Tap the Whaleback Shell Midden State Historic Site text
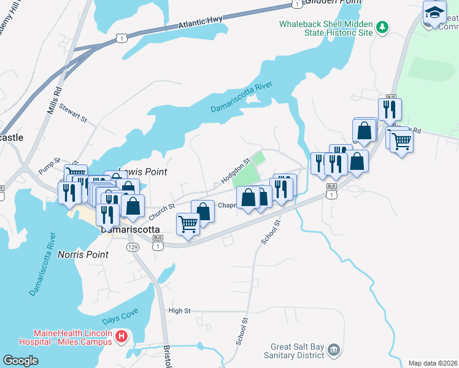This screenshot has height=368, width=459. pos(325,28)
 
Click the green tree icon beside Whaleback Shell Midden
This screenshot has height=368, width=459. pos(382,27)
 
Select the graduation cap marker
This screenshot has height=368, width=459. pos(434,13)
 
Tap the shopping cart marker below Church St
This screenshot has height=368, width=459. pos(188,224)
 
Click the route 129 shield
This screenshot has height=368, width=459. pos(133,247)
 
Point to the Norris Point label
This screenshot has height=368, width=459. pos(83,254)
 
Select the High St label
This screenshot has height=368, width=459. pos(180,311)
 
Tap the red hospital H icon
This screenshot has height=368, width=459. pos(121,336)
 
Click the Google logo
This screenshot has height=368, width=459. pos(20,360)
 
